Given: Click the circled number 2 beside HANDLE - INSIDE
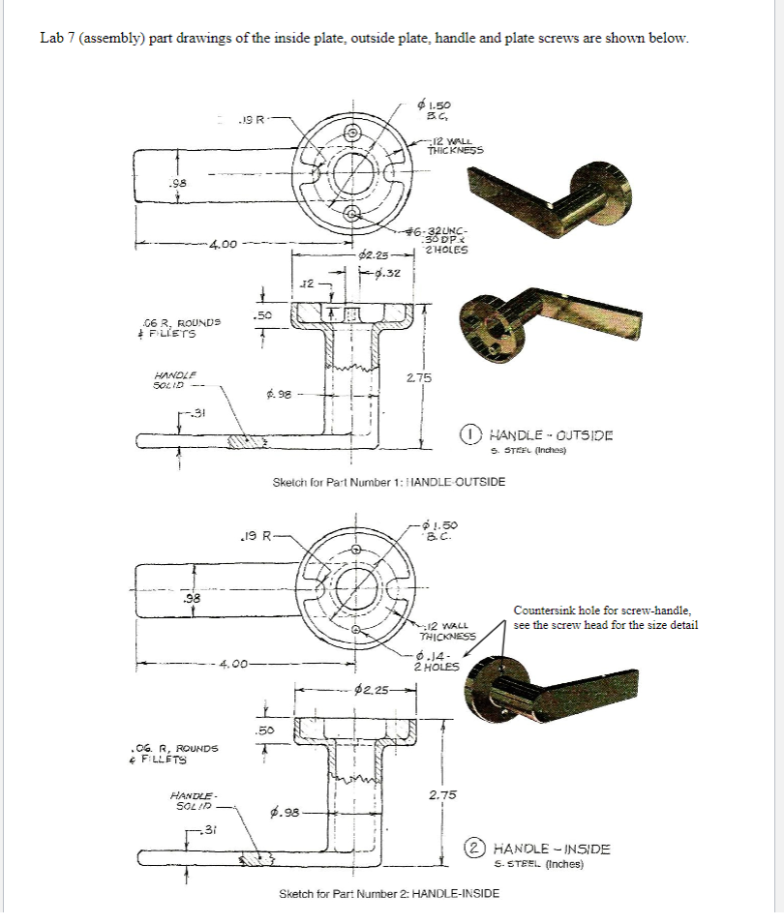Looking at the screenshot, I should click(471, 849).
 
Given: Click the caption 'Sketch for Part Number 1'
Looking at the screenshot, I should click(389, 481).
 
